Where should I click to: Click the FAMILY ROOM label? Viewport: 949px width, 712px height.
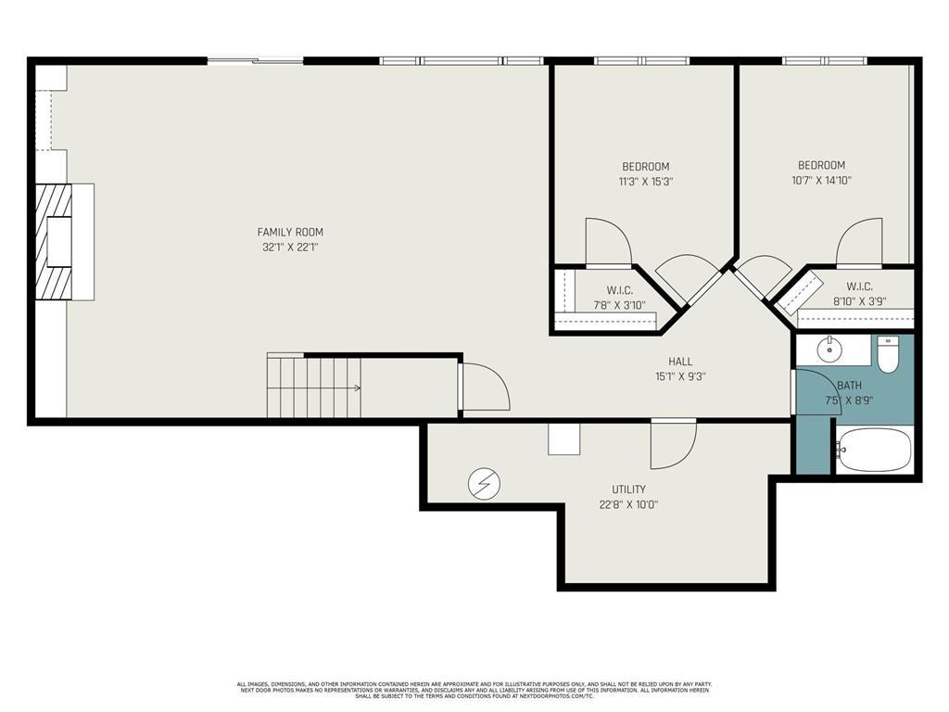(x=290, y=232)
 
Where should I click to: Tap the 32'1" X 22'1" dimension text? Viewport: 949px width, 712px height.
(x=290, y=248)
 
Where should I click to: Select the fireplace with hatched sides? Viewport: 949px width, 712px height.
(x=65, y=241)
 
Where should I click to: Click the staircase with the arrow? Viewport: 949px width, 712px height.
(x=313, y=387)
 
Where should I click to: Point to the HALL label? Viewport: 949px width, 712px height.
(x=680, y=362)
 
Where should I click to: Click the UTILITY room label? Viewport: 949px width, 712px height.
(x=628, y=489)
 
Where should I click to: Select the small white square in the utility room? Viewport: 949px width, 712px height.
(x=563, y=439)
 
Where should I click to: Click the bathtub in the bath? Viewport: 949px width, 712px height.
(x=874, y=451)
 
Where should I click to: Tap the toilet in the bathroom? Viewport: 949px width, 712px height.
(x=889, y=354)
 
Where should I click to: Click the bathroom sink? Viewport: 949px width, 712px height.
(x=829, y=350)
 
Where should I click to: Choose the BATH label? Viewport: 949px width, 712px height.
(x=849, y=386)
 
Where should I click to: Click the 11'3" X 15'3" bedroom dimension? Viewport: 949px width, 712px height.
(x=645, y=182)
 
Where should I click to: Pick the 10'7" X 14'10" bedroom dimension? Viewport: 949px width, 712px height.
(x=822, y=181)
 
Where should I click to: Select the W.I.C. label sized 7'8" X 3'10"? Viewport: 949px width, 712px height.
(x=619, y=290)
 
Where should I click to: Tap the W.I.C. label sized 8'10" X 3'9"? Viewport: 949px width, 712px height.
(x=859, y=286)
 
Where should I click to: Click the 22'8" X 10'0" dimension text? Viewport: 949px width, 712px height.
(x=628, y=505)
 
